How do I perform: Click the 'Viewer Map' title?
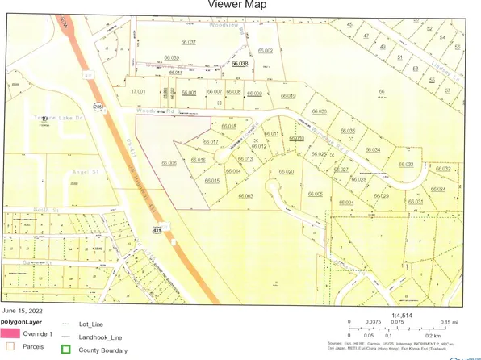240,5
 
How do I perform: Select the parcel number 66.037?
187,41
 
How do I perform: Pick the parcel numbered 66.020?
287,171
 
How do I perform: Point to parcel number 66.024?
438,189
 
